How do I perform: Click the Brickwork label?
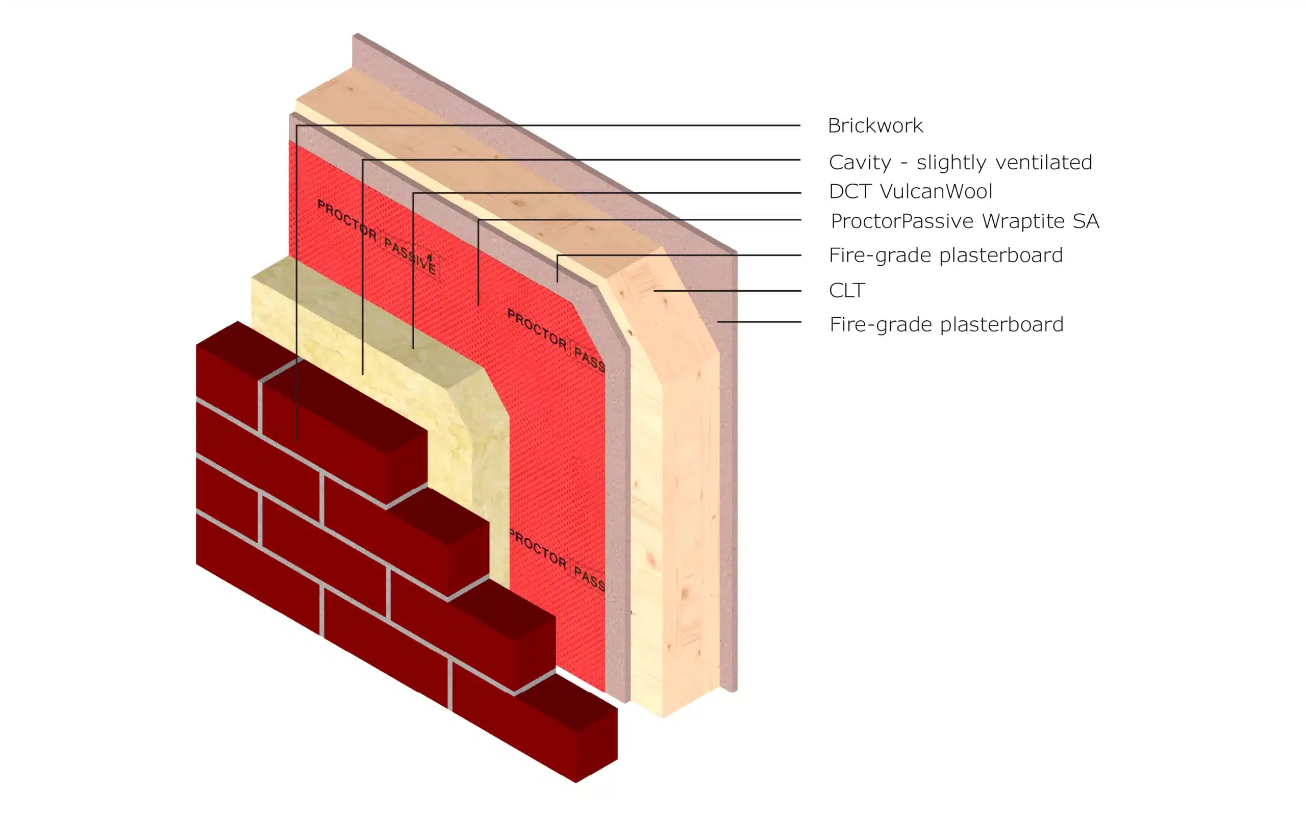tap(875, 126)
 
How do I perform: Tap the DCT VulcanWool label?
tap(911, 191)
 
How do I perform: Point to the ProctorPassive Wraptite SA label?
tap(965, 221)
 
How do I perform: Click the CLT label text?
tap(847, 290)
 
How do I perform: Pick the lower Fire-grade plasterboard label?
tap(946, 324)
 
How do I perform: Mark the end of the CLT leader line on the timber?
tap(654, 291)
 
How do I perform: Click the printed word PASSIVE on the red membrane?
tap(410, 256)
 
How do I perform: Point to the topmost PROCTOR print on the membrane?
tap(346, 219)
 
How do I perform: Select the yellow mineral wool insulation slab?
tap(378, 345)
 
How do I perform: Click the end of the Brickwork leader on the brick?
tap(296, 442)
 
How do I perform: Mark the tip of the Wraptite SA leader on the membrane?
tap(478, 305)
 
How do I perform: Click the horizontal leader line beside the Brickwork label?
tap(548, 125)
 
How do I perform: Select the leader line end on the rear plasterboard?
tap(718, 322)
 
